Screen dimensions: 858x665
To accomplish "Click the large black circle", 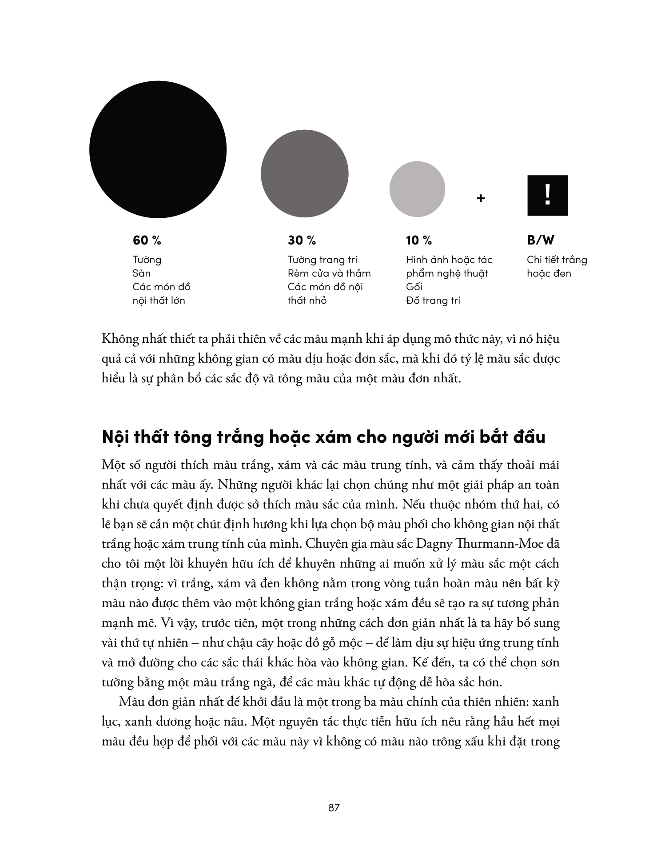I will tap(158, 149).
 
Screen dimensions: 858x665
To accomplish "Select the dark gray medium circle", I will tap(304, 174).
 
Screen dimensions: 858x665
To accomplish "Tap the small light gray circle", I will tap(417, 189).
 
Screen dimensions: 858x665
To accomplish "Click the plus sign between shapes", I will tap(480, 198).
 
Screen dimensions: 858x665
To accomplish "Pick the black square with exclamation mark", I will tap(547, 196).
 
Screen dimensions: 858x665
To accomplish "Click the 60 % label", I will tap(147, 241).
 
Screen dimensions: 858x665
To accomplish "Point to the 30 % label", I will tap(302, 241).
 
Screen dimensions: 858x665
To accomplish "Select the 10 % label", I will tap(418, 241).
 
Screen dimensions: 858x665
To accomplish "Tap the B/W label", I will tap(541, 241).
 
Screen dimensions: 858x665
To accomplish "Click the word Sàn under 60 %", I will tap(142, 273).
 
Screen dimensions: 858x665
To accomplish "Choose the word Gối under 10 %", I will tap(414, 287).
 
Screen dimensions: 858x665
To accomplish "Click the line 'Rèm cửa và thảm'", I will tap(329, 273).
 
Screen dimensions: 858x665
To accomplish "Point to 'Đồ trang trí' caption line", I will tap(433, 301).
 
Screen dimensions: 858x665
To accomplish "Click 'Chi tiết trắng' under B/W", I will tap(557, 260).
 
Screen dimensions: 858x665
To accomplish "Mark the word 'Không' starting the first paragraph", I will tap(118, 339).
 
